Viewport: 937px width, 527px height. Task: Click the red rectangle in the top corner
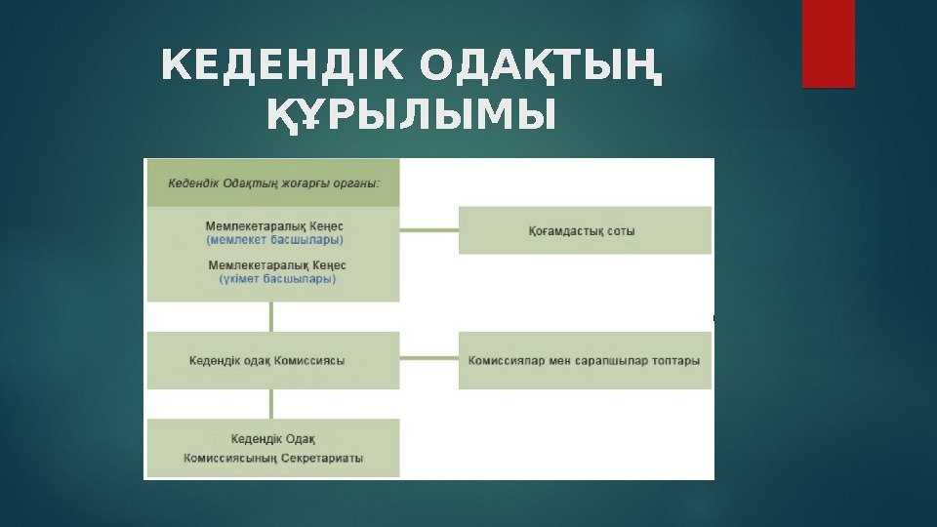(828, 44)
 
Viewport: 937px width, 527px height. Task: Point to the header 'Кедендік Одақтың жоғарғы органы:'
(273, 182)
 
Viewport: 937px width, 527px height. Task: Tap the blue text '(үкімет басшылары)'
(277, 278)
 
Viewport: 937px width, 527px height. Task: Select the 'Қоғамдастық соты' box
(584, 231)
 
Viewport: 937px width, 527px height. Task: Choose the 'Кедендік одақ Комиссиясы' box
(272, 360)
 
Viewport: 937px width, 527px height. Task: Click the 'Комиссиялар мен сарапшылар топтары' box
(584, 360)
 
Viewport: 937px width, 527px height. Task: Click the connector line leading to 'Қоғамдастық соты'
(428, 231)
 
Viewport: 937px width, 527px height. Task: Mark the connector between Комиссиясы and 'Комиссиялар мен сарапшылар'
(428, 360)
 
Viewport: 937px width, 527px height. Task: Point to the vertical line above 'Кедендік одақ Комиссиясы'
(272, 316)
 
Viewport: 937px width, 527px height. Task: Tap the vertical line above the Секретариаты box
(272, 404)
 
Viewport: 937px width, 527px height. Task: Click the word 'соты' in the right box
(621, 231)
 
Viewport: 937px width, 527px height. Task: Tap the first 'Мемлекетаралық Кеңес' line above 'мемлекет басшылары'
(275, 225)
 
